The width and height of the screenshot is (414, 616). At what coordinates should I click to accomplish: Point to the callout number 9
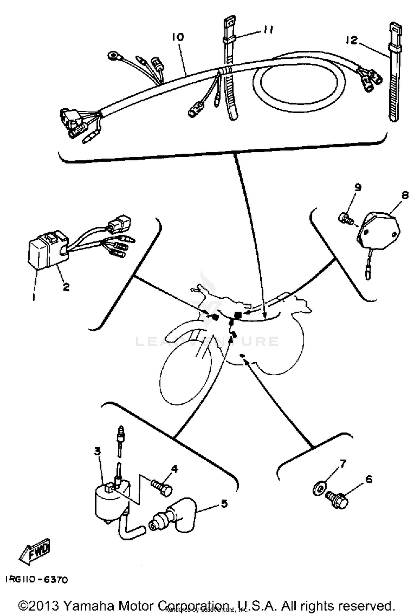pyautogui.click(x=358, y=188)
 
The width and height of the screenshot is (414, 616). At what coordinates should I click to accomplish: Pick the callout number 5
pyautogui.click(x=224, y=503)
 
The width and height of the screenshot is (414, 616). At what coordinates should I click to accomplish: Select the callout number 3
pyautogui.click(x=97, y=451)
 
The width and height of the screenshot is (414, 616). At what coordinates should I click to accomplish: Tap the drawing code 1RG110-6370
pyautogui.click(x=36, y=580)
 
